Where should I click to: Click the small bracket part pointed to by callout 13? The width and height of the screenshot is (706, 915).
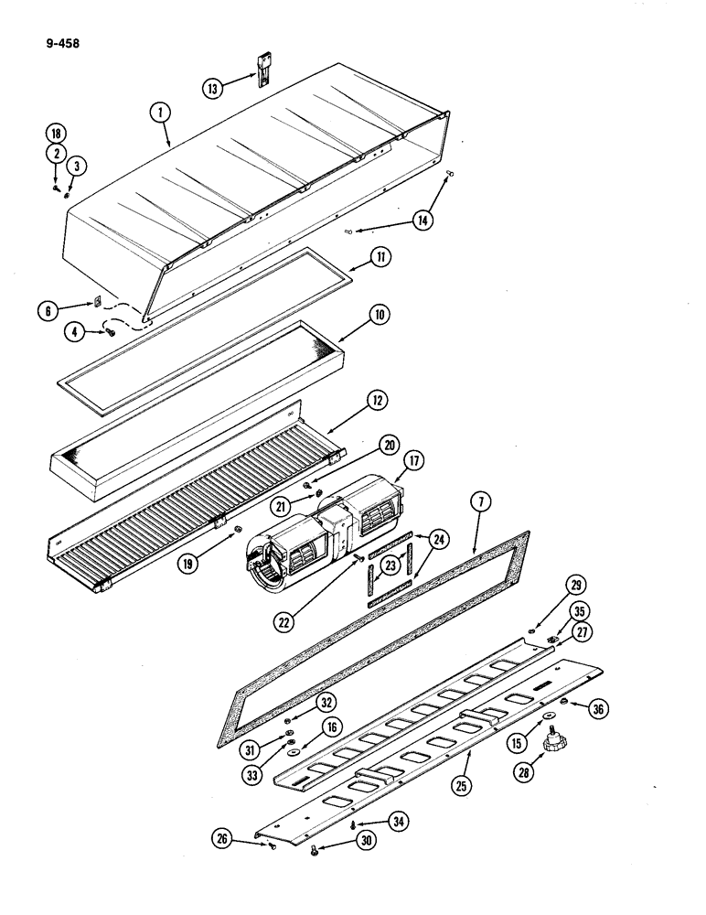pos(262,69)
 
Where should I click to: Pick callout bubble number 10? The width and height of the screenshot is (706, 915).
pos(378,314)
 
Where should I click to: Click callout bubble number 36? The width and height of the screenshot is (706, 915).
pos(600,706)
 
